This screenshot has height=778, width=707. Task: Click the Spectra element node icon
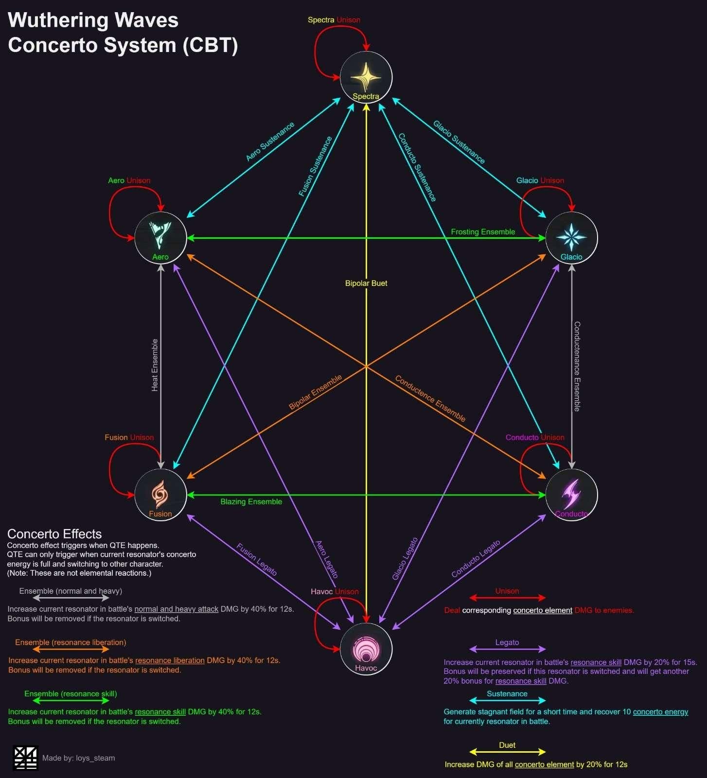366,77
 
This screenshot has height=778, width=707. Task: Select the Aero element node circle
160,238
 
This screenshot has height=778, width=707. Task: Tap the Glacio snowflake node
572,238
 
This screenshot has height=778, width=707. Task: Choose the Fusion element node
160,495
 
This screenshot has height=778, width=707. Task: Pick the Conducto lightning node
572,495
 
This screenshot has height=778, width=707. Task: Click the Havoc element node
366,649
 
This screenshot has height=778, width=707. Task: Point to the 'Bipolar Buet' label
366,283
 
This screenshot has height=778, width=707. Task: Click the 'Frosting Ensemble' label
483,232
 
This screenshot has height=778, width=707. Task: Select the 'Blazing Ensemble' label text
251,502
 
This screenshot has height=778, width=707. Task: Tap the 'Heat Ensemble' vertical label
155,365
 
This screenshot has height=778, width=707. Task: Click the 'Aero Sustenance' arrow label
270,141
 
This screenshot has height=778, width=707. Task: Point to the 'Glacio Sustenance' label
459,142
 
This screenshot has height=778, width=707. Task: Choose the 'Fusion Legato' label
257,560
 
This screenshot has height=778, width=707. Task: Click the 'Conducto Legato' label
476,559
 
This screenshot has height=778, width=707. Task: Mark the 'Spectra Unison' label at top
334,20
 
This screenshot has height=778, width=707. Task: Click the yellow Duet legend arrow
508,752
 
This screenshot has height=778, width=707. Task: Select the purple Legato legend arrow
508,649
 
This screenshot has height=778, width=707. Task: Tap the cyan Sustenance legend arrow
508,701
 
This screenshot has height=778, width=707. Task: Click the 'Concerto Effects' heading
54,534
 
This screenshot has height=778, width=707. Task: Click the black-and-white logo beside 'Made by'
25,758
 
